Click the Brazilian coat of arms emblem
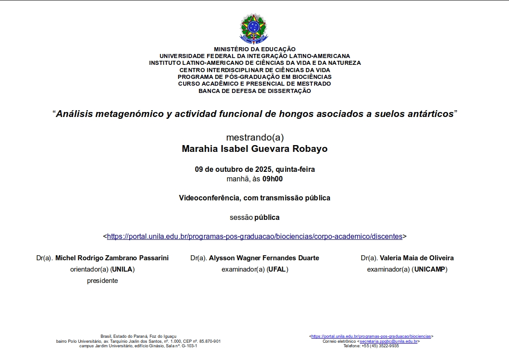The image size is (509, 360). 254,28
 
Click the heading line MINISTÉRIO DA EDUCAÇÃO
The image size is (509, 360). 254,49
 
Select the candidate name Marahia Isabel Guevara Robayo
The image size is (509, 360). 254,149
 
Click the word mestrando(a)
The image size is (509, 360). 254,137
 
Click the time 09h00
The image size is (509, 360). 272,179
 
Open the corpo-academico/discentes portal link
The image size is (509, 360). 254,236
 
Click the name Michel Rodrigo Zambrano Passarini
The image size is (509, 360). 112,258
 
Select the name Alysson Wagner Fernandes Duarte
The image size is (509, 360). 264,258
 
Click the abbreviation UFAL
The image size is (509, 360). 277,269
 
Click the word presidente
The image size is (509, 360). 102,281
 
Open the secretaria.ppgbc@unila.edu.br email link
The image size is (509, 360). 388,341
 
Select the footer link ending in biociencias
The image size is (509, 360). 371,336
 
